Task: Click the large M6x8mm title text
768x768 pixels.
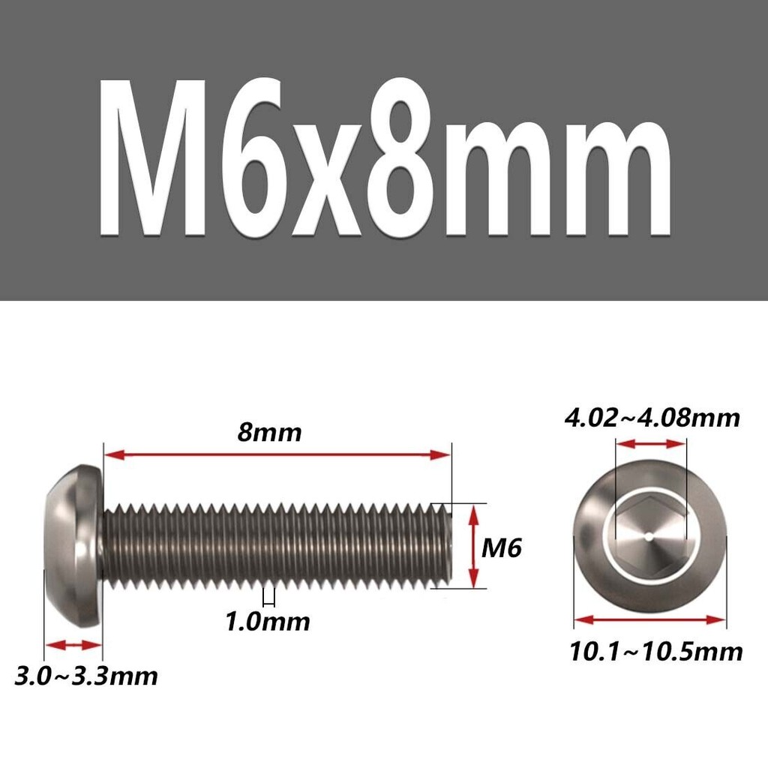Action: coord(385,157)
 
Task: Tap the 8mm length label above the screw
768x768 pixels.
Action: coord(269,433)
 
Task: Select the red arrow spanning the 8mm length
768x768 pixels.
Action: coord(277,455)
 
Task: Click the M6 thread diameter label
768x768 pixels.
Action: coord(501,547)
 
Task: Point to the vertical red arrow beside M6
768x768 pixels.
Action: coord(474,546)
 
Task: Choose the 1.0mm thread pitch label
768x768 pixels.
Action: coord(268,622)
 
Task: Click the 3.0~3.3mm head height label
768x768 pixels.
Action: coord(86,676)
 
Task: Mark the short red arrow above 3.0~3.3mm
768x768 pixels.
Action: coord(73,644)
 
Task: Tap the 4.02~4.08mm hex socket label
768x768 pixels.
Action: coord(652,418)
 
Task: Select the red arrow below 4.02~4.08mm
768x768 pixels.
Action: coord(650,444)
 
